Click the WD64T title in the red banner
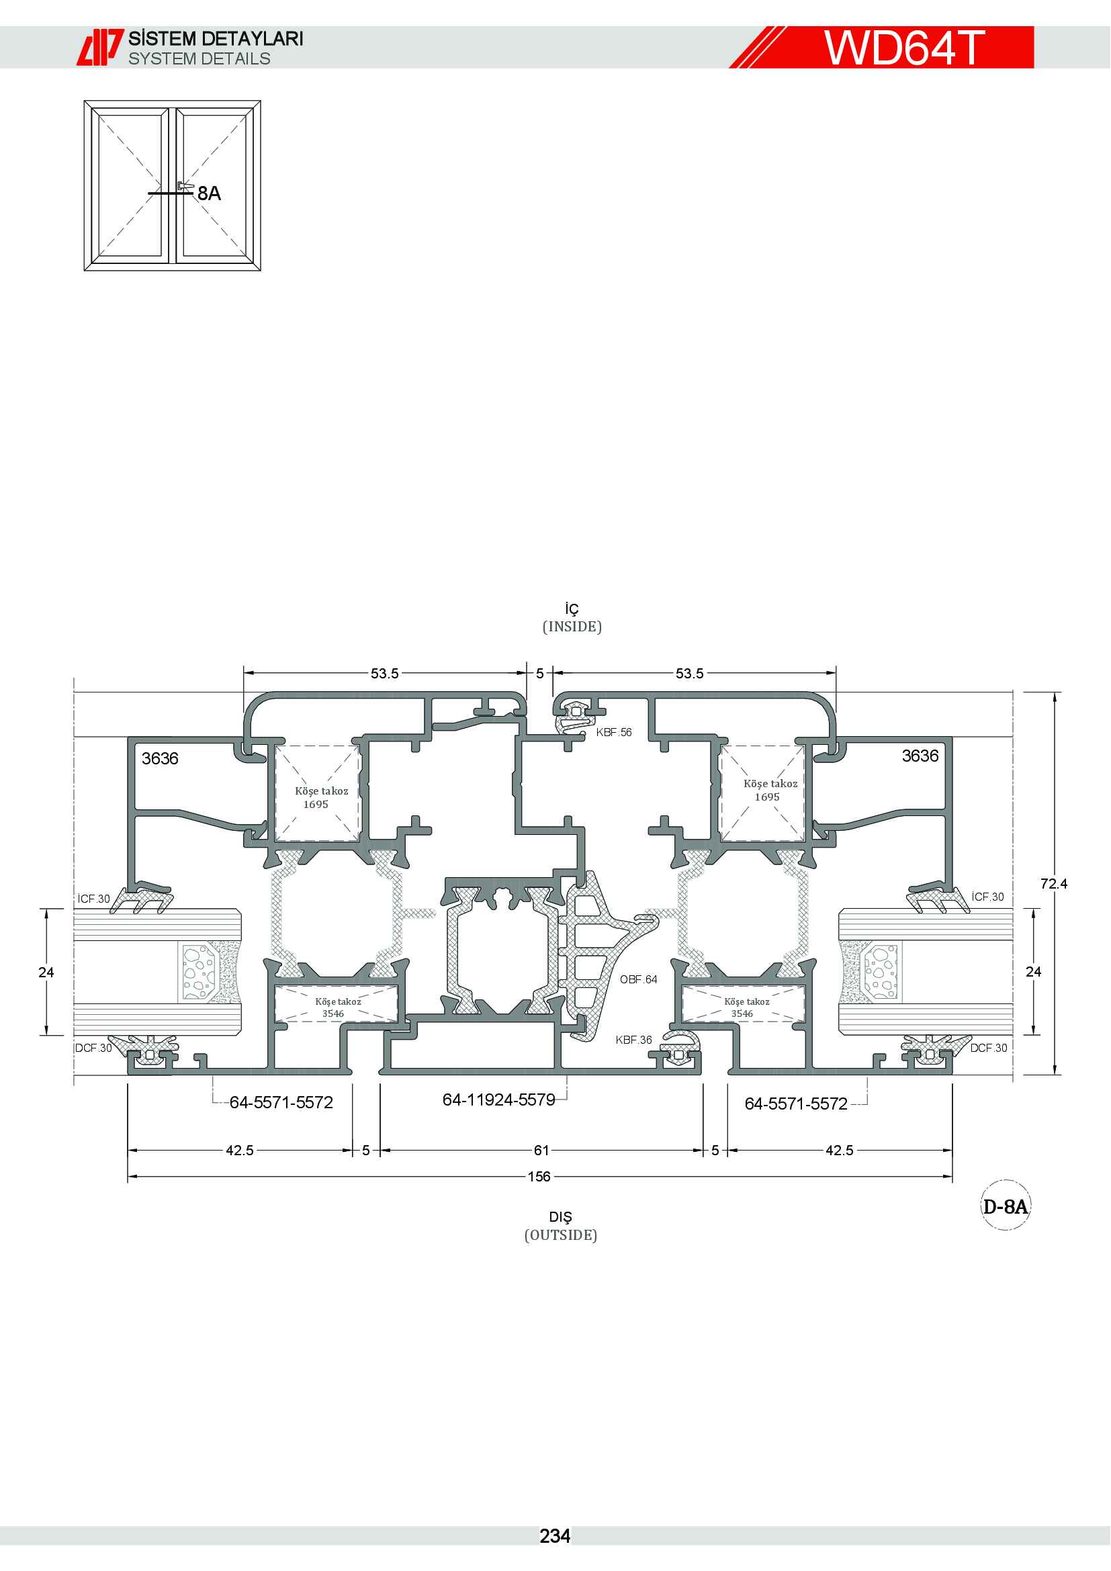(x=903, y=47)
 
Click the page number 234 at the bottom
(x=555, y=1536)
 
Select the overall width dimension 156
(x=539, y=1176)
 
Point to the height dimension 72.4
(x=1053, y=883)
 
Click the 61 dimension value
(x=541, y=1150)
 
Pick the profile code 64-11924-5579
(x=498, y=1099)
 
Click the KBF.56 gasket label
(x=614, y=732)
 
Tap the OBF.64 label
(x=638, y=979)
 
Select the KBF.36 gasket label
(x=633, y=1039)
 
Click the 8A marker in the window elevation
(x=210, y=193)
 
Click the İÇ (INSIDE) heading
(x=572, y=618)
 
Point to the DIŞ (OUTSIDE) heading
(x=560, y=1226)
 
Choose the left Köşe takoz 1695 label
(x=321, y=797)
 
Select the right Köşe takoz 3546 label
(x=746, y=1007)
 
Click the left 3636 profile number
(x=160, y=758)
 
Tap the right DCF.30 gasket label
(x=989, y=1048)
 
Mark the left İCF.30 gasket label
(x=94, y=899)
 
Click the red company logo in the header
(x=100, y=47)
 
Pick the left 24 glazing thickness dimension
(x=46, y=972)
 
